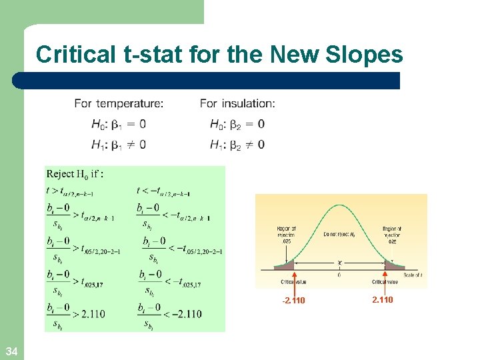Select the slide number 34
[11, 351]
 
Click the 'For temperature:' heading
[119, 103]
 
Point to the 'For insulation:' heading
[237, 103]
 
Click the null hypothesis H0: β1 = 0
[119, 124]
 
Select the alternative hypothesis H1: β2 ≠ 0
[237, 144]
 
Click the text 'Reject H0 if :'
[75, 174]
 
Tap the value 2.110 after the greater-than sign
[92, 314]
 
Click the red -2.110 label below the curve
[293, 300]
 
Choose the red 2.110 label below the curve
[383, 299]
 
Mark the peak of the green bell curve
[340, 205]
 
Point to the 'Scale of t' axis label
[413, 275]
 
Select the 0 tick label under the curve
[340, 275]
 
